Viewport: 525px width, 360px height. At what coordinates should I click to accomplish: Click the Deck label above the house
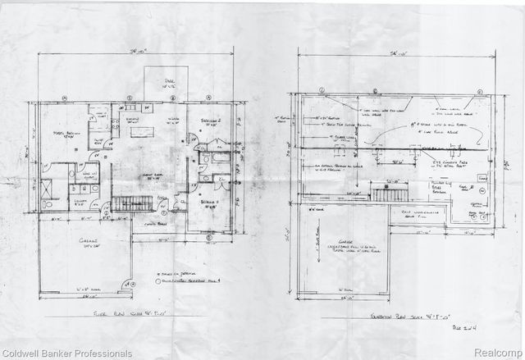(x=168, y=82)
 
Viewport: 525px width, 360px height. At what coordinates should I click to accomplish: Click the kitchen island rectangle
(x=144, y=132)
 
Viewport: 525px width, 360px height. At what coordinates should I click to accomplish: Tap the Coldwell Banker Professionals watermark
(x=67, y=353)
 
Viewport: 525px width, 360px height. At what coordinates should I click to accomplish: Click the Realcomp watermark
(x=497, y=353)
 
